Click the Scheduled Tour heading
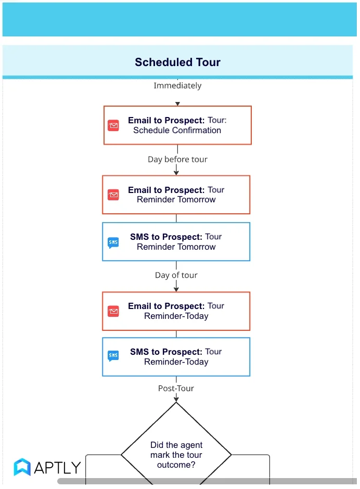(x=177, y=62)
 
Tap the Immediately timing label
(x=177, y=85)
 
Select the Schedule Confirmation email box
(x=177, y=125)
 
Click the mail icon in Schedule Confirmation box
(x=113, y=125)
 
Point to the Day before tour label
(x=177, y=159)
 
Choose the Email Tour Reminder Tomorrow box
(x=176, y=195)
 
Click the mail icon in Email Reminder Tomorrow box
(x=113, y=195)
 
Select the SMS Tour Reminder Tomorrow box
(x=176, y=242)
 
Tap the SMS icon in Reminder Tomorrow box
(x=113, y=242)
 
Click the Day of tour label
(x=176, y=275)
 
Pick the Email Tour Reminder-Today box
(x=176, y=311)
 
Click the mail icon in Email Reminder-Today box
(x=113, y=311)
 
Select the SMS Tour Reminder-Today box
(x=176, y=357)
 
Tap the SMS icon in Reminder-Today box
(x=113, y=356)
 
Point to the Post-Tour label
(x=176, y=388)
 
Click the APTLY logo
(x=47, y=467)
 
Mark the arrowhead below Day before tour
(x=176, y=172)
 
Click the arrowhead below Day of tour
(x=176, y=288)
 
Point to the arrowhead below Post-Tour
(x=176, y=399)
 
